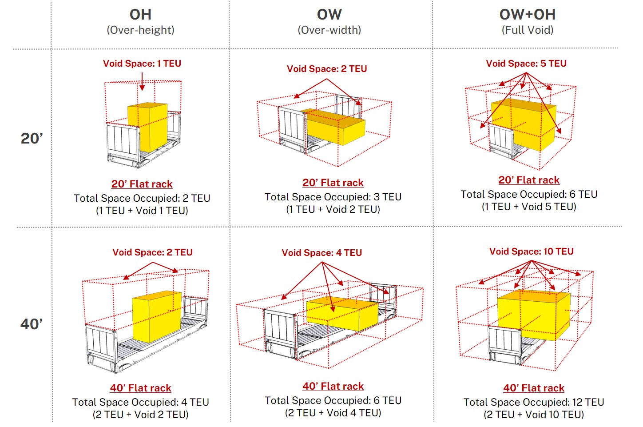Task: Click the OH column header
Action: (140, 14)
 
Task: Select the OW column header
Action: (329, 14)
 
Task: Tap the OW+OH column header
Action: (527, 14)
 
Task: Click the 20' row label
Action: (32, 139)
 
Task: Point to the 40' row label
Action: (32, 324)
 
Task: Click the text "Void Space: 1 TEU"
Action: (142, 63)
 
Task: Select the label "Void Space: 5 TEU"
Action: (526, 63)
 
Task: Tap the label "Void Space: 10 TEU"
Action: (532, 251)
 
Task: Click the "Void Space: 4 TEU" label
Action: (322, 252)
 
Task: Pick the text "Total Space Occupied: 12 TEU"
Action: (534, 402)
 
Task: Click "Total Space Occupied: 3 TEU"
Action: (333, 197)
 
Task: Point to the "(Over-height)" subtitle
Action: (141, 30)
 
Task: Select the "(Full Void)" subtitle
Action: (528, 30)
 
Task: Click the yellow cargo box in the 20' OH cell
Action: (147, 127)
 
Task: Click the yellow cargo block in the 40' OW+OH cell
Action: (534, 315)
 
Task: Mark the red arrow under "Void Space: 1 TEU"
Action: (142, 81)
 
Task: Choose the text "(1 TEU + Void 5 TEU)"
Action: (529, 207)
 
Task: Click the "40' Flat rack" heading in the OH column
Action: (141, 388)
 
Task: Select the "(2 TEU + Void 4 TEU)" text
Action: (333, 413)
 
